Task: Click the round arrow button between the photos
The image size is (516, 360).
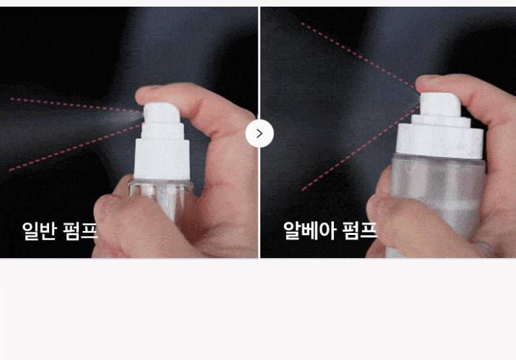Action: [259, 134]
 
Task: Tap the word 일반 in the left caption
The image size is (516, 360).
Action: [38, 231]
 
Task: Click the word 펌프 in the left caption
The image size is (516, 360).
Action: [80, 231]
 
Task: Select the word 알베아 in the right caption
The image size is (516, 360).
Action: [309, 230]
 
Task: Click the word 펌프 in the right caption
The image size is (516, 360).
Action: [360, 230]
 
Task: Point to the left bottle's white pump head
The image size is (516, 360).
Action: [162, 112]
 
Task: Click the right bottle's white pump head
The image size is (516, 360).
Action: [440, 103]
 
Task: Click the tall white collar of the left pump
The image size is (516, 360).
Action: [162, 159]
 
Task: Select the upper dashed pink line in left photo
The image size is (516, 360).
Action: [75, 105]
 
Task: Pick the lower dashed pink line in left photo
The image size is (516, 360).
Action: [74, 148]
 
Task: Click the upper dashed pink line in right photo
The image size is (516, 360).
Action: [358, 55]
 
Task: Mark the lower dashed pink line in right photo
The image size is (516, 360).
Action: [361, 148]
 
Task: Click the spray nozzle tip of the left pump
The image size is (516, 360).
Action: [144, 113]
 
